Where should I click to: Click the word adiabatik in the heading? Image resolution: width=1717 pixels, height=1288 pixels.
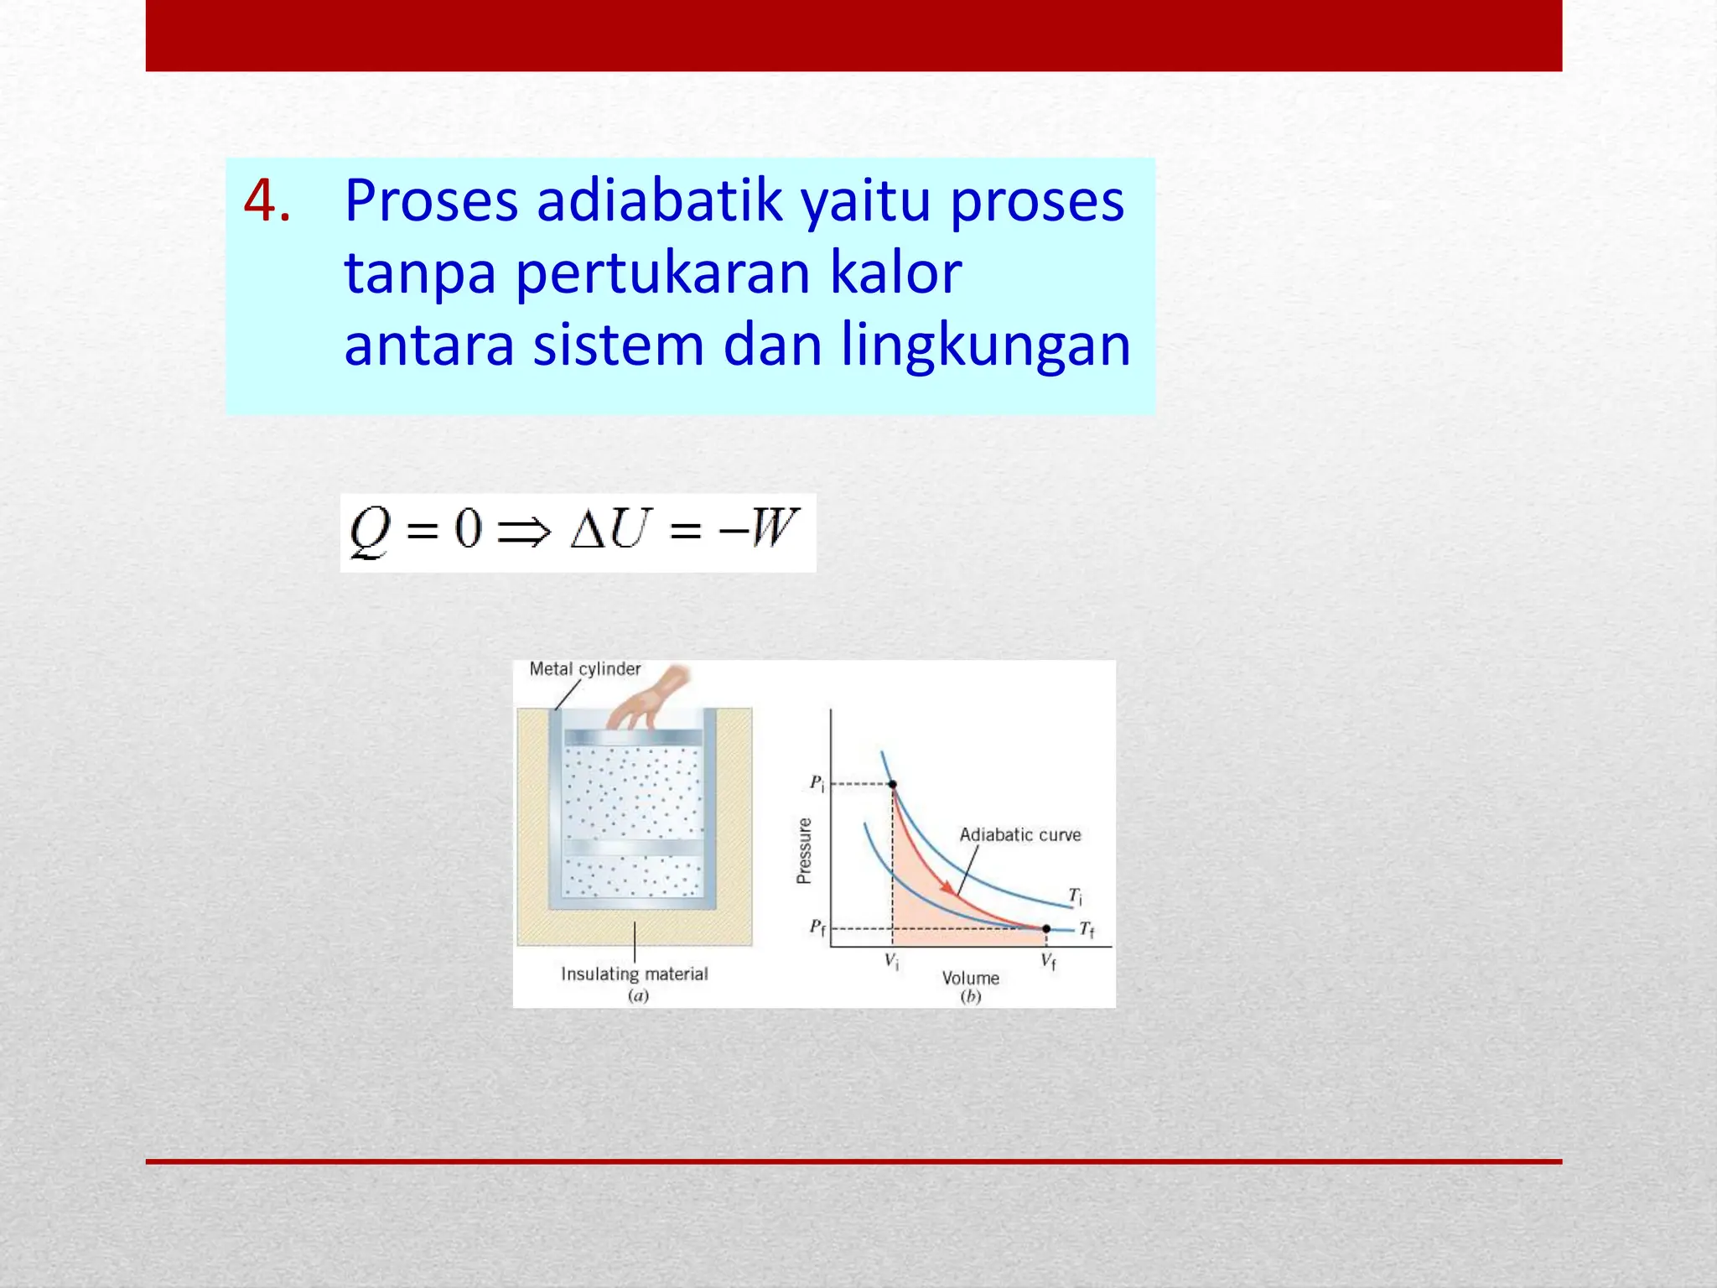tap(658, 201)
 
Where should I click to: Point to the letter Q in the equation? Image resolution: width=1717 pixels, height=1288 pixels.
tap(370, 532)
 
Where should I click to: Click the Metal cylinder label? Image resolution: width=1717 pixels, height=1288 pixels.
tap(584, 669)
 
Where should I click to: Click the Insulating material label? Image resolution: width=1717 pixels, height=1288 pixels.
tap(634, 974)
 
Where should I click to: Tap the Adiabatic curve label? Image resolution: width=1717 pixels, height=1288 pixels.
tap(1019, 835)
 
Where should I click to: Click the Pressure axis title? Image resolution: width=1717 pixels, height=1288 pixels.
tap(804, 850)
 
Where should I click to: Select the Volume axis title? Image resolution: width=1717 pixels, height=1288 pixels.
tap(970, 978)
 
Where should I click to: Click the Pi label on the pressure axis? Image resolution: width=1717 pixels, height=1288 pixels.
tap(817, 783)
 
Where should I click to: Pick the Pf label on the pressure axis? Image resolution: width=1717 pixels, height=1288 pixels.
tap(817, 927)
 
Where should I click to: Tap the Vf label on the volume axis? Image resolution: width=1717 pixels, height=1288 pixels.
tap(1048, 962)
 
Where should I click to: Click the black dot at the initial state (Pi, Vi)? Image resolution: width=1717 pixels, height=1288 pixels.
tap(893, 785)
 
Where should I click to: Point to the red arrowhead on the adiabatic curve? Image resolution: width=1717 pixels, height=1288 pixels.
tap(948, 887)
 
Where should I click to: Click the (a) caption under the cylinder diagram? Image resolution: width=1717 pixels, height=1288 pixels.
tap(638, 996)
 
